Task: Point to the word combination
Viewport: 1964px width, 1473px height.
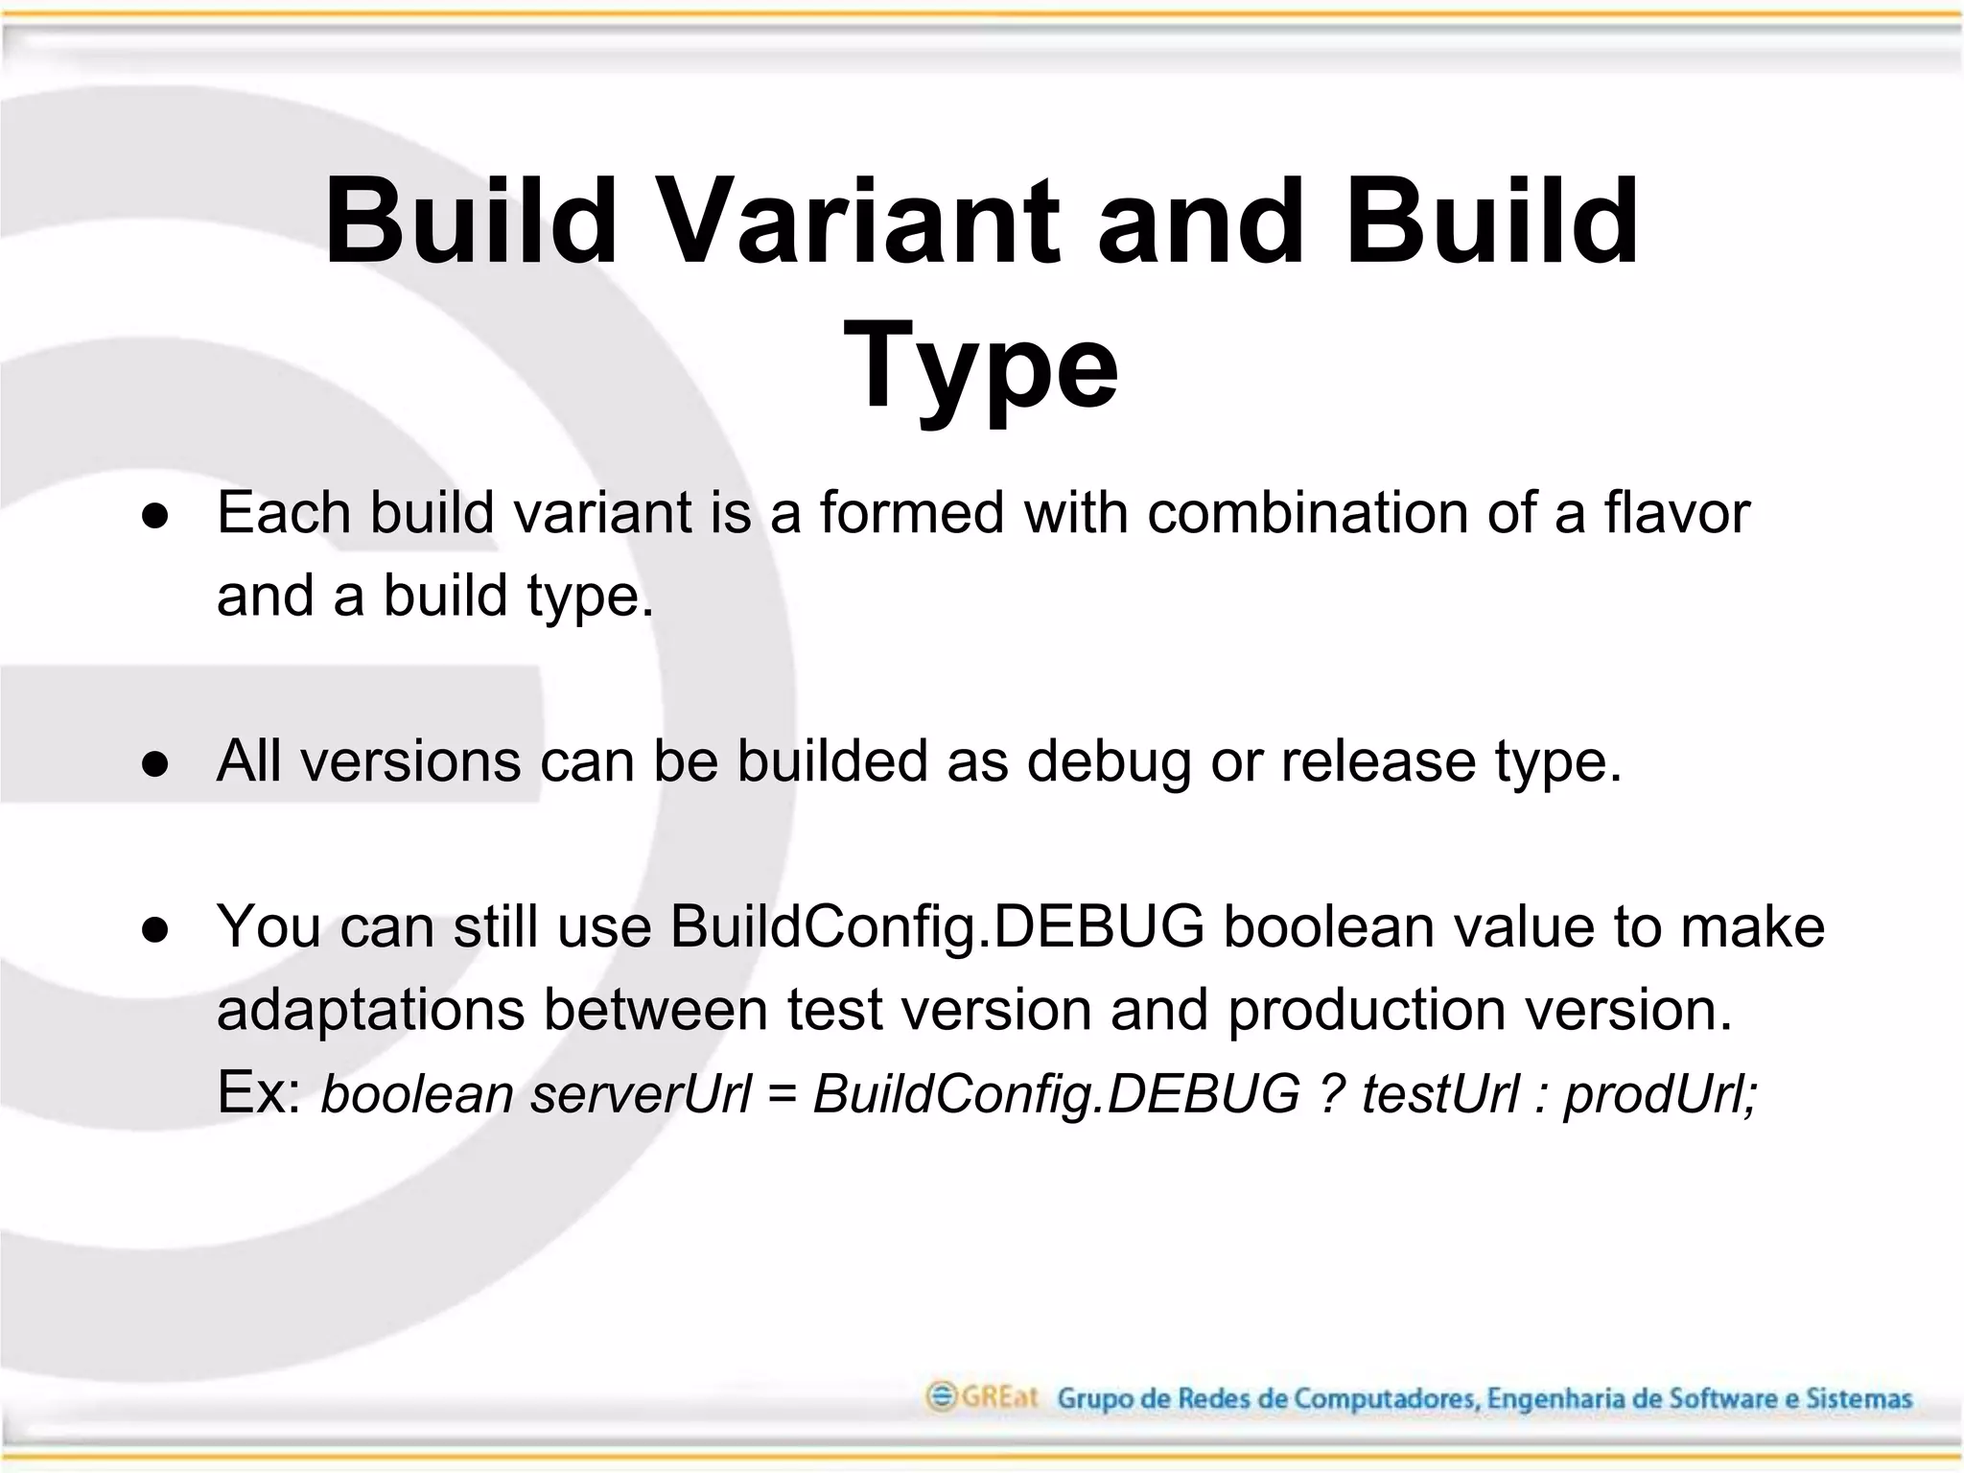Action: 1308,512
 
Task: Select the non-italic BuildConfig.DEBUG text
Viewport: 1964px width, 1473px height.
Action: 936,927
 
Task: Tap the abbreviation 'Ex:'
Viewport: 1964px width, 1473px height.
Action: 260,1092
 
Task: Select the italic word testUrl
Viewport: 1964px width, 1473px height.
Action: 1440,1093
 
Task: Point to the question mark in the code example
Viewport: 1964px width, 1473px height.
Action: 1330,1093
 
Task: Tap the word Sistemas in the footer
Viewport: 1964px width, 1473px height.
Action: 1859,1399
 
